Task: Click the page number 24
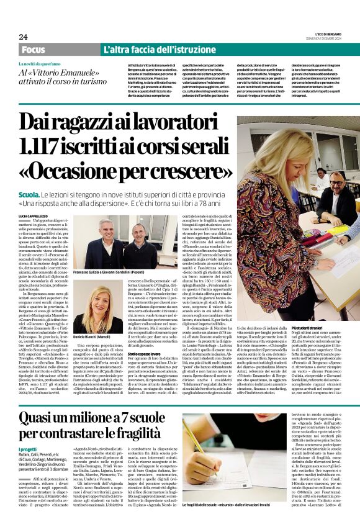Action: click(x=23, y=37)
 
